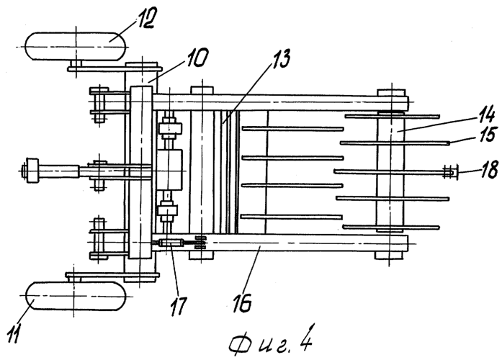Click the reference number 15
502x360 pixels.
click(486, 134)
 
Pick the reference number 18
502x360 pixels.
click(488, 169)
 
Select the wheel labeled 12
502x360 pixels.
click(75, 46)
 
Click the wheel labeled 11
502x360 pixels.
click(75, 296)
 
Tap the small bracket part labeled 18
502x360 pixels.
click(450, 172)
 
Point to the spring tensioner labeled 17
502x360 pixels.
click(171, 244)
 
